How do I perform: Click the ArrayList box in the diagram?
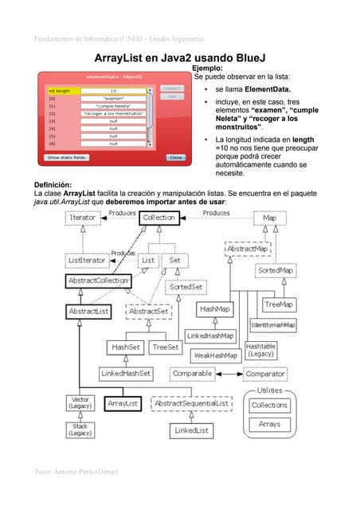coord(123,404)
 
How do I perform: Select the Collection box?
coord(160,217)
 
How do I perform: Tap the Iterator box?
coord(84,217)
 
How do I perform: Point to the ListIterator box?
coord(85,260)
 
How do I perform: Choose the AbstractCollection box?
coord(100,281)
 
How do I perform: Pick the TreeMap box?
coord(279,304)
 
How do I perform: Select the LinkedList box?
coord(192,430)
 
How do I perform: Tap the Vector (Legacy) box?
coord(80,403)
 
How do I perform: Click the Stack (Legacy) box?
coord(80,430)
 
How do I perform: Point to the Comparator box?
coord(265,373)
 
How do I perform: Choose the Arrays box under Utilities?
coord(270,425)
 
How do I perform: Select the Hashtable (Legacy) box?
coord(260,351)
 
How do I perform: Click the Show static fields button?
coord(66,158)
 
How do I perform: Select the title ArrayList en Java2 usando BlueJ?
coord(179,59)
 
